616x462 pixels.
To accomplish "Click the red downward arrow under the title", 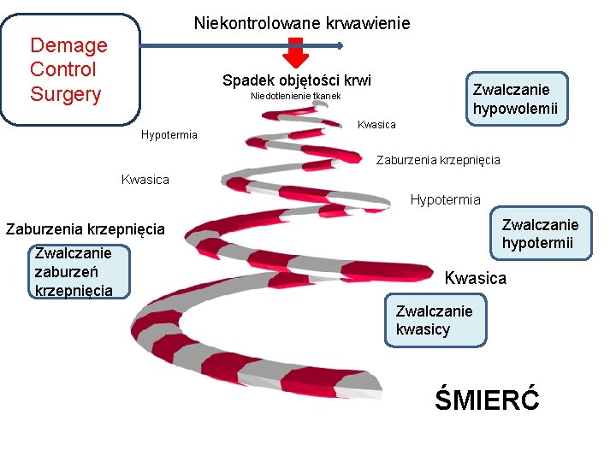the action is [x=295, y=53].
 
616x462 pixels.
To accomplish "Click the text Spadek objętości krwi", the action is [x=297, y=80].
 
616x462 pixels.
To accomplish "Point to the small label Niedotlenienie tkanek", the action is [x=295, y=96].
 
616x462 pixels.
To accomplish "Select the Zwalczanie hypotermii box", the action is [x=540, y=234].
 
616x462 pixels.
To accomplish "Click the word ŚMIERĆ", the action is [x=487, y=399].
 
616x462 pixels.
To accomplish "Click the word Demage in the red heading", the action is [x=68, y=45].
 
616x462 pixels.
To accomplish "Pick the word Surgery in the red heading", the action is [x=65, y=94].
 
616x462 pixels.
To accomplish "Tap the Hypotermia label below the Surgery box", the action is [x=169, y=135].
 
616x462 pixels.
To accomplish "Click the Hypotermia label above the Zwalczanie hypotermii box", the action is [x=445, y=200].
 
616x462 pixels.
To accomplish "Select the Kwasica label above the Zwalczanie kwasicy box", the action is [x=475, y=278].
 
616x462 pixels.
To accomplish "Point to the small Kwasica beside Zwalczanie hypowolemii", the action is [x=376, y=125].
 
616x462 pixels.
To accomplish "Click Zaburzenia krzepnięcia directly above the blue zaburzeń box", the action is [x=86, y=229].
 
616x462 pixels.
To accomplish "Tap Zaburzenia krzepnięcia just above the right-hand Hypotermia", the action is [x=438, y=160].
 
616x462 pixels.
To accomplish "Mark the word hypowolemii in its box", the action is [x=515, y=109].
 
